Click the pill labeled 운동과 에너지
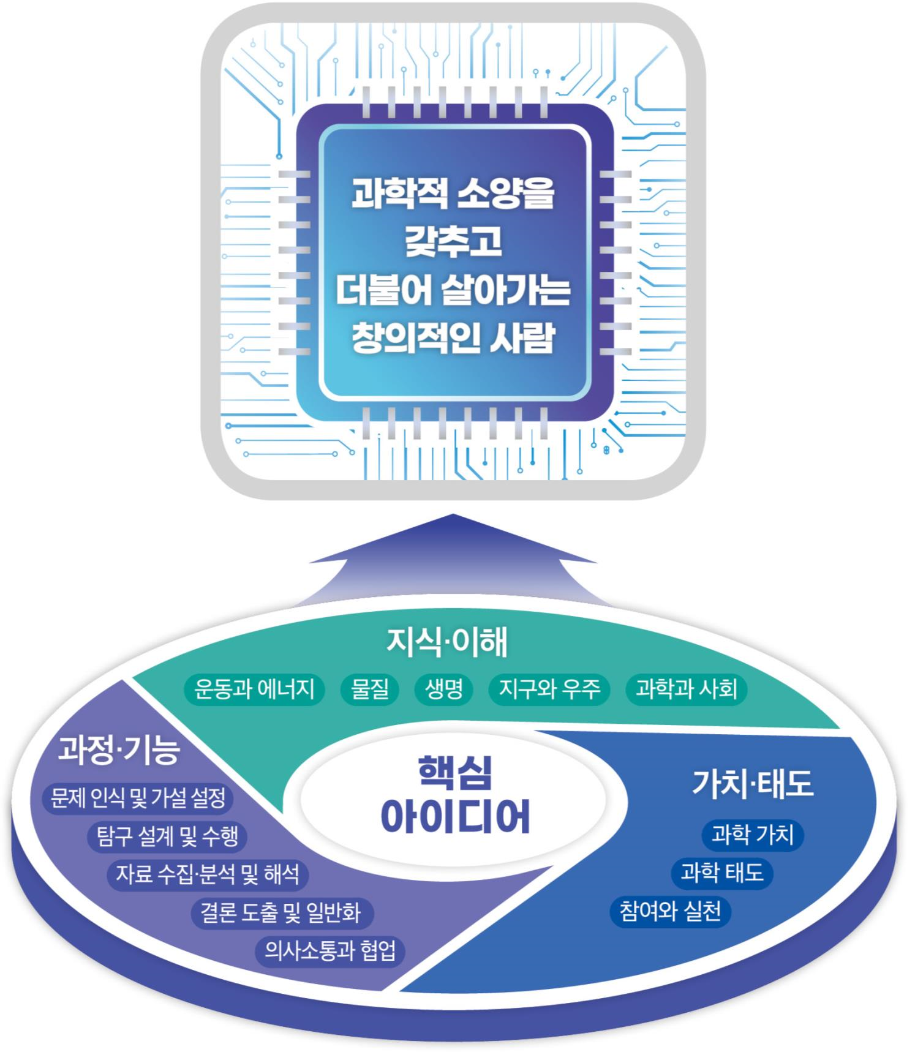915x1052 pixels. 254,689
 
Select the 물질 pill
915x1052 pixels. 369,689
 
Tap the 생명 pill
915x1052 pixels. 443,689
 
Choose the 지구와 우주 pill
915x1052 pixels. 549,689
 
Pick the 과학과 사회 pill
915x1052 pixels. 686,689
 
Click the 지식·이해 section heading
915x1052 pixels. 447,642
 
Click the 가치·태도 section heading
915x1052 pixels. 752,784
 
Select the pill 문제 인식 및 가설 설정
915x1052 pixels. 138,797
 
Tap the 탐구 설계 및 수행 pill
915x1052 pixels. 167,836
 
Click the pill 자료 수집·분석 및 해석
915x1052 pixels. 208,874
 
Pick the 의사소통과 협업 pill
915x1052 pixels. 330,950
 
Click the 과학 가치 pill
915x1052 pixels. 752,835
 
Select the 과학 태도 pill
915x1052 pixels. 722,873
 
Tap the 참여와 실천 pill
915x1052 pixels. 670,911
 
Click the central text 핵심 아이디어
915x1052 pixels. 454,796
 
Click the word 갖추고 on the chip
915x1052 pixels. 453,241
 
